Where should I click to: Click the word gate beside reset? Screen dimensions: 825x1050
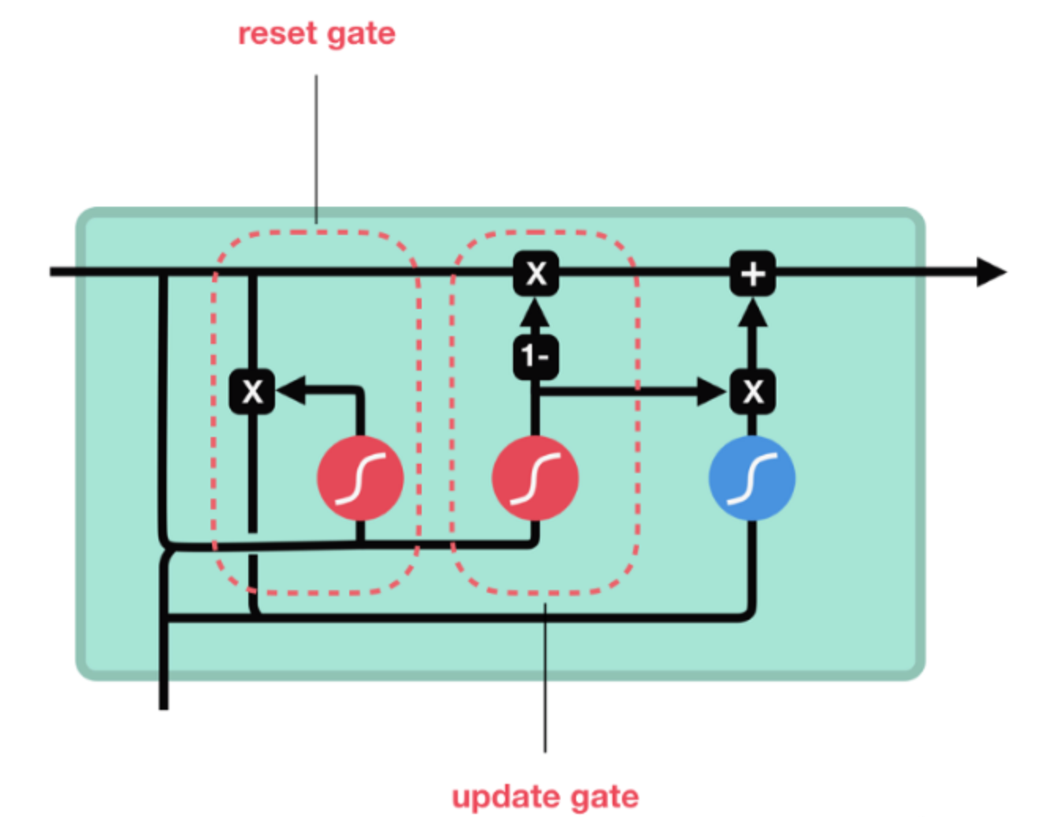[363, 35]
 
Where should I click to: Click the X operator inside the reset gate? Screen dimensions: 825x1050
[251, 391]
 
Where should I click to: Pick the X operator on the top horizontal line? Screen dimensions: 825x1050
[536, 274]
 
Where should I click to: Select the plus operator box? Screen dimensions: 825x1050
[753, 274]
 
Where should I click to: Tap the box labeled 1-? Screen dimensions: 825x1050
[536, 357]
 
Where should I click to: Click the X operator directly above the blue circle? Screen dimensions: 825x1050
[753, 391]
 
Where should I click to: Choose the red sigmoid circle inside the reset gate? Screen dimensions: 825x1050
[360, 478]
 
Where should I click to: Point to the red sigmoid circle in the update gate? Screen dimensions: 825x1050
[535, 478]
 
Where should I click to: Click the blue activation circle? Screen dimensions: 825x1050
[752, 478]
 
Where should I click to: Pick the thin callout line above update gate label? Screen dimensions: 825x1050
[545, 678]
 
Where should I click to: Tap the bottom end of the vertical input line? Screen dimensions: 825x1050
[164, 704]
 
